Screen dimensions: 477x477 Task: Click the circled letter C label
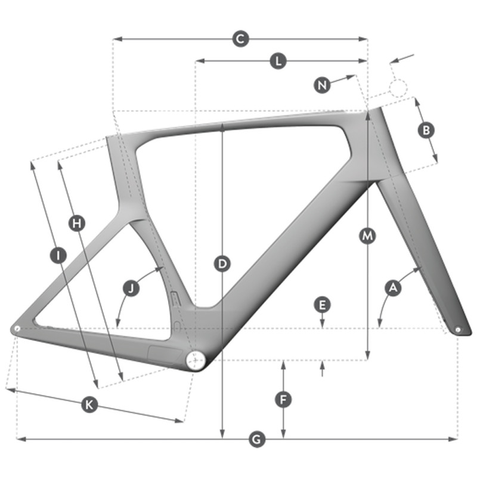point(240,39)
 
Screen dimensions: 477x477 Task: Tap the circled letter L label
point(278,61)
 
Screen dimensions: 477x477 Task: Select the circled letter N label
point(322,85)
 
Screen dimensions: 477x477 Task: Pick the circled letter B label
point(426,130)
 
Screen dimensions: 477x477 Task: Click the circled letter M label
point(367,236)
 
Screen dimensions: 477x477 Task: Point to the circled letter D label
point(222,264)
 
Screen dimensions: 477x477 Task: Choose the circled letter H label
point(77,224)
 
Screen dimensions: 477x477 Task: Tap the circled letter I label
point(58,255)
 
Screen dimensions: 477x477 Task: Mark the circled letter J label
point(131,288)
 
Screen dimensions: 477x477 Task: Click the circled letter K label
point(89,405)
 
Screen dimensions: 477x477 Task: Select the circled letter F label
point(283,399)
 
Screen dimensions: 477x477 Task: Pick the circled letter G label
point(257,439)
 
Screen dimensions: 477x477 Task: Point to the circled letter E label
point(322,305)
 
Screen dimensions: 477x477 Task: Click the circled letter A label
point(393,288)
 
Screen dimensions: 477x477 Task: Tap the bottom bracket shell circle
point(195,360)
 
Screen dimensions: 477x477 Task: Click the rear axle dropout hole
point(17,329)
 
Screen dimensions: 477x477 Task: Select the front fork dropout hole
point(458,330)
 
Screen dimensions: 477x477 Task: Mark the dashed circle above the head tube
point(398,88)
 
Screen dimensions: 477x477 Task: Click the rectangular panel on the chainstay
point(165,354)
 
